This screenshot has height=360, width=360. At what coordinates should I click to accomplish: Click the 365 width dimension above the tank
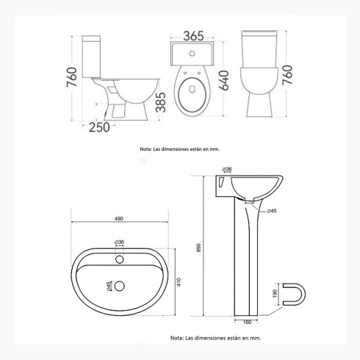click(x=193, y=36)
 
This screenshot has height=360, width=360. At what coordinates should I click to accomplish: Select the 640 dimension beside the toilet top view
click(x=224, y=80)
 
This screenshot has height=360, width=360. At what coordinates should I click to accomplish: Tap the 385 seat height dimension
click(x=161, y=102)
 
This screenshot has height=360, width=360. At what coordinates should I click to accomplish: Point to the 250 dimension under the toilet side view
click(x=99, y=127)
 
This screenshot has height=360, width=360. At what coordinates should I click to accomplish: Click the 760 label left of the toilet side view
click(x=72, y=77)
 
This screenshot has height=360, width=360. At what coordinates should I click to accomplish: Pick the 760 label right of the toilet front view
click(x=287, y=75)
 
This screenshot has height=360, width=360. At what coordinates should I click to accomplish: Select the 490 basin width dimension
click(x=119, y=219)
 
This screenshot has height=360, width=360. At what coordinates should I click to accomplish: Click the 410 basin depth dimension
click(x=179, y=282)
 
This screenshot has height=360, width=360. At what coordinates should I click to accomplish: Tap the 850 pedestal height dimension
click(x=198, y=248)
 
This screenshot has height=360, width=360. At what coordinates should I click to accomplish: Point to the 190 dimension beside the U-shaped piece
click(x=275, y=294)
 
